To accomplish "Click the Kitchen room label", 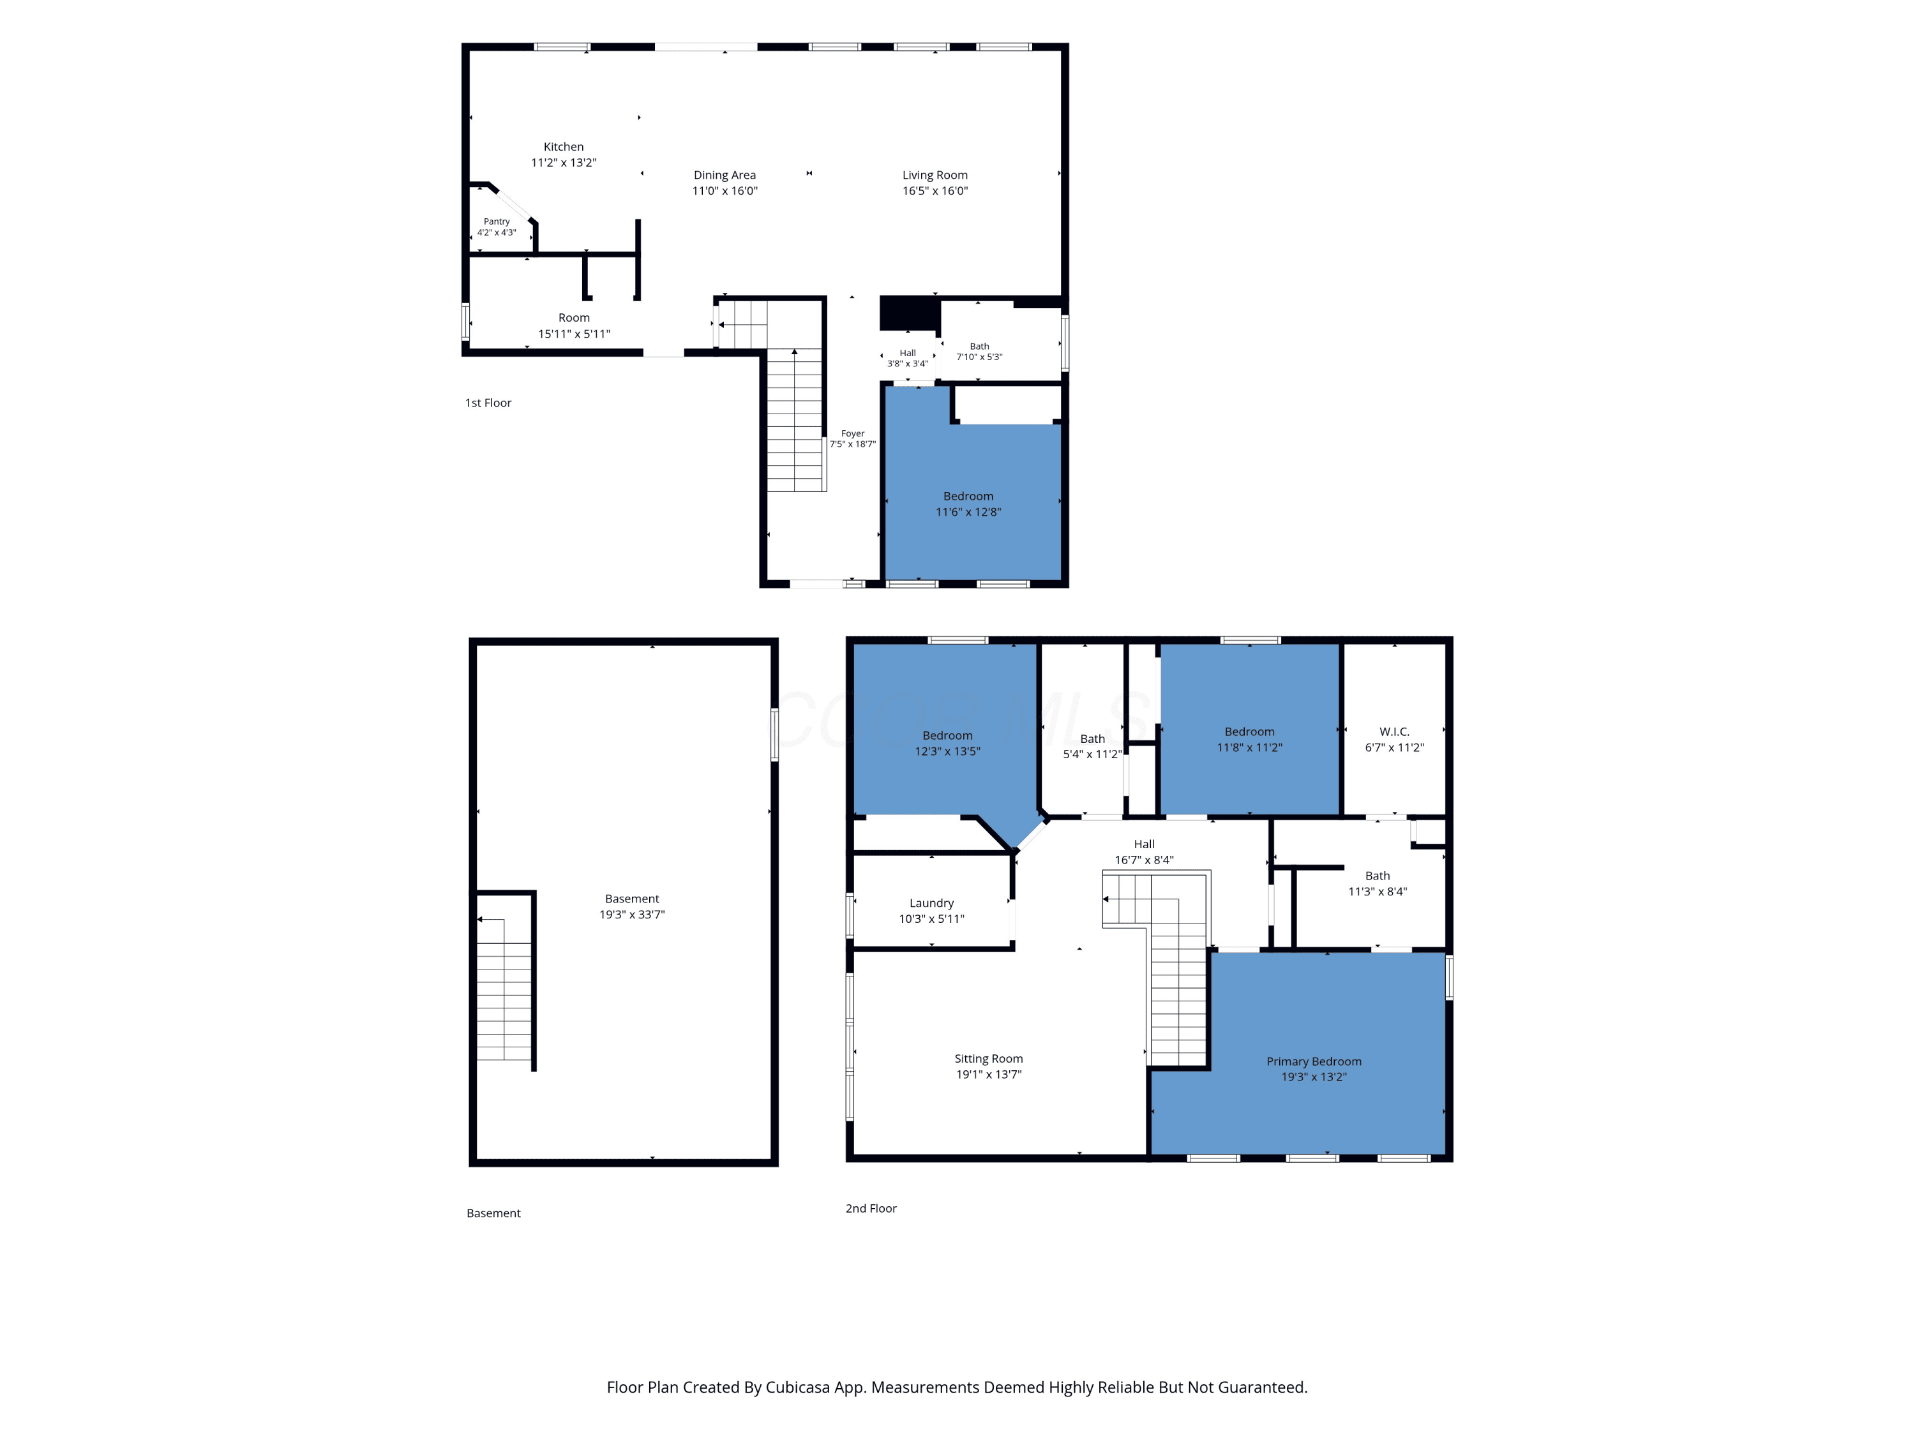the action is click(x=564, y=147).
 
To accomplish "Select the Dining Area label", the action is click(x=725, y=176).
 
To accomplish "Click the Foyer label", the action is click(x=853, y=433).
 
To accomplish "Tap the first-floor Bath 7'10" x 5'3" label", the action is click(x=979, y=352).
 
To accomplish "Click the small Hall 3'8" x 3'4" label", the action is click(x=907, y=358).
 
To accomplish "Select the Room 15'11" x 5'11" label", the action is click(x=574, y=325).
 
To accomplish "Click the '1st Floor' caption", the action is click(x=488, y=403).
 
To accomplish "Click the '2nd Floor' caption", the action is click(x=871, y=1208).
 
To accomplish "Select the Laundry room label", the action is click(x=931, y=904).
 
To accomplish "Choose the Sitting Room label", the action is click(x=989, y=1059).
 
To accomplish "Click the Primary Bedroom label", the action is click(x=1313, y=1062).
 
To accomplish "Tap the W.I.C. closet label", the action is click(x=1394, y=732).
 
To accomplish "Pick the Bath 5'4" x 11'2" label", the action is click(x=1093, y=747).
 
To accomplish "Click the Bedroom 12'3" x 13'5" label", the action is click(x=947, y=744).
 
